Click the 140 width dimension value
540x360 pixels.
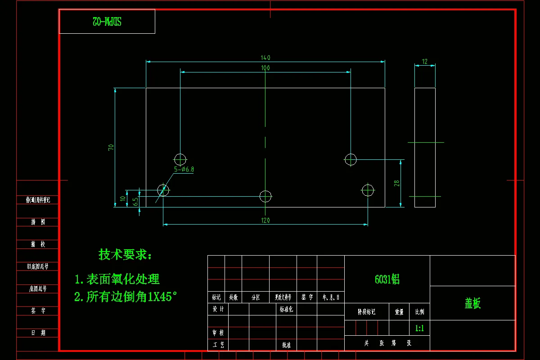click(265, 58)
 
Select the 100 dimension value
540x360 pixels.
click(265, 68)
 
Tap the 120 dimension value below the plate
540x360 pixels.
click(265, 220)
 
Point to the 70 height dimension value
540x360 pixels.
click(111, 147)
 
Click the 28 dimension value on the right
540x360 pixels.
click(396, 183)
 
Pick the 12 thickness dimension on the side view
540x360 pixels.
click(425, 62)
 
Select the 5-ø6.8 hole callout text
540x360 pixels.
click(184, 169)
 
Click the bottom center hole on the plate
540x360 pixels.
click(265, 196)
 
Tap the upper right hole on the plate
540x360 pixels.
click(351, 159)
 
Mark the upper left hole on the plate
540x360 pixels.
click(180, 159)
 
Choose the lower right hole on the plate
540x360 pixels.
click(368, 190)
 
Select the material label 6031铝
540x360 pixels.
click(387, 279)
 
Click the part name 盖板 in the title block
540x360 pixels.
click(472, 303)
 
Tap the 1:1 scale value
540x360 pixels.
click(419, 328)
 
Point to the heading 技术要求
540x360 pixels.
click(126, 255)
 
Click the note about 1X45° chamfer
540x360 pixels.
click(126, 297)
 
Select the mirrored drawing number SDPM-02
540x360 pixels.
click(107, 21)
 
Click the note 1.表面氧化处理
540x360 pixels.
click(117, 279)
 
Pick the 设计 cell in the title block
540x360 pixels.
click(218, 309)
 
